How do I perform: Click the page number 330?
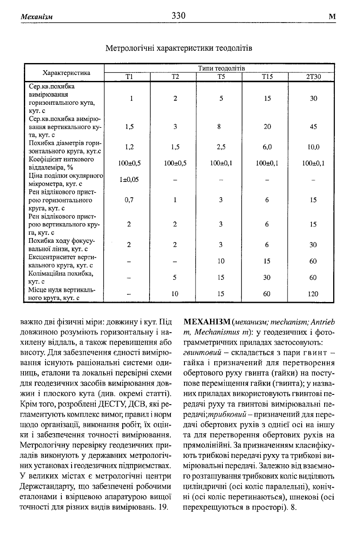[179, 16]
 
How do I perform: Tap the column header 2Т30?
[313, 76]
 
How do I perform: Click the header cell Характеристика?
[64, 72]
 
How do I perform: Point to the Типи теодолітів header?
[221, 68]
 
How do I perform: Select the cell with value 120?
[313, 293]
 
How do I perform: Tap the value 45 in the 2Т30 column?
[313, 127]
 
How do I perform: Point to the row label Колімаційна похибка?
[60, 273]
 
